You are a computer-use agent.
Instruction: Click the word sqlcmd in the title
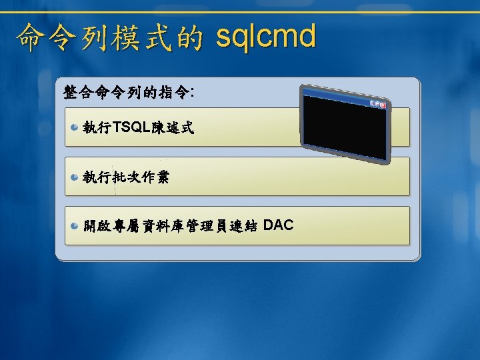click(266, 37)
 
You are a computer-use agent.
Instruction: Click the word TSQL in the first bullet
click(131, 127)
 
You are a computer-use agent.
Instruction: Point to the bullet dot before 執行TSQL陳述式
click(74, 127)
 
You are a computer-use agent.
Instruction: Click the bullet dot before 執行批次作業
click(74, 177)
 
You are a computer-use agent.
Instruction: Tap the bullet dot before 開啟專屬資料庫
click(74, 226)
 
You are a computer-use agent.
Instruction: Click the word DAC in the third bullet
click(278, 225)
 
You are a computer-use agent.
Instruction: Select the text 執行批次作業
click(126, 177)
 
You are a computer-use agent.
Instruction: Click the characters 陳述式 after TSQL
click(173, 127)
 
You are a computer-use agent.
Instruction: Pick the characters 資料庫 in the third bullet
click(163, 226)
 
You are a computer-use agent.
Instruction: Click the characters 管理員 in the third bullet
click(207, 226)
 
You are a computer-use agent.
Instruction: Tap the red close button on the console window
click(383, 105)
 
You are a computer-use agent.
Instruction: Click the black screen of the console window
click(345, 128)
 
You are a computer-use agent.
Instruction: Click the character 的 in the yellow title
click(190, 37)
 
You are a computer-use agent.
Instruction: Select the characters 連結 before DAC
click(243, 226)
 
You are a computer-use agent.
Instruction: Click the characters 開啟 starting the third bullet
click(97, 226)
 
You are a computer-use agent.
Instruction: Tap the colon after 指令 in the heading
click(192, 93)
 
